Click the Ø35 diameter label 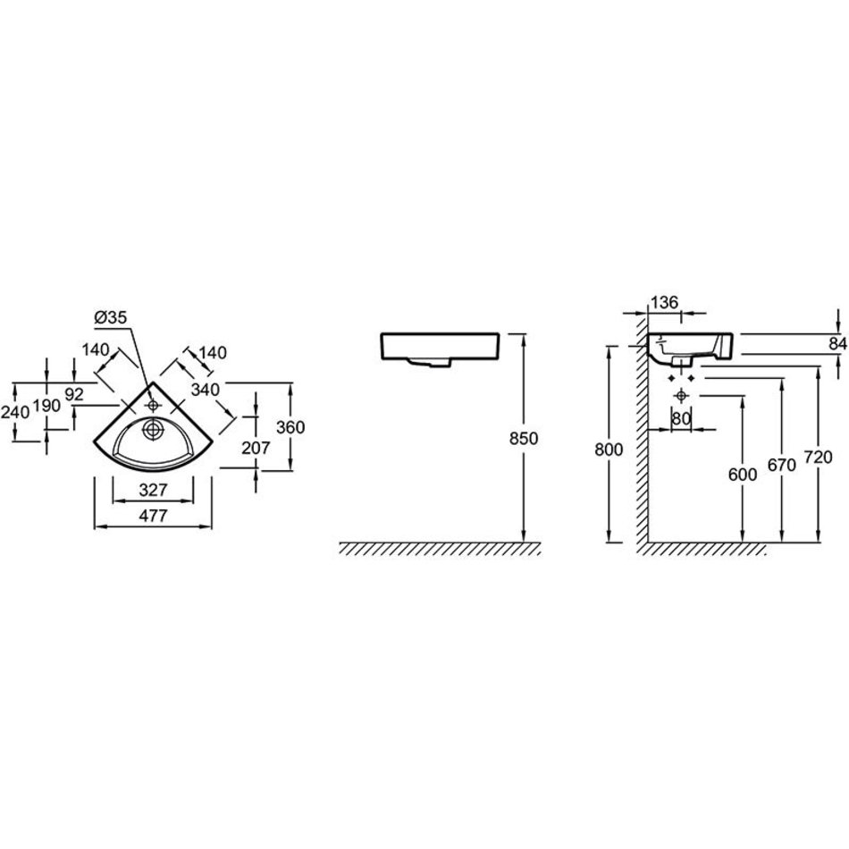(x=111, y=317)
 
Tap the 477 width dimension (x=153, y=515)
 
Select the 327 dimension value (x=153, y=490)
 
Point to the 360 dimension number (x=290, y=427)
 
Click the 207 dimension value (x=256, y=448)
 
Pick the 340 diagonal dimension (x=206, y=390)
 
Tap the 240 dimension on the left (x=15, y=413)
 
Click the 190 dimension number (x=47, y=406)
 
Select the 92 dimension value (x=74, y=394)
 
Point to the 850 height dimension (x=524, y=438)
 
